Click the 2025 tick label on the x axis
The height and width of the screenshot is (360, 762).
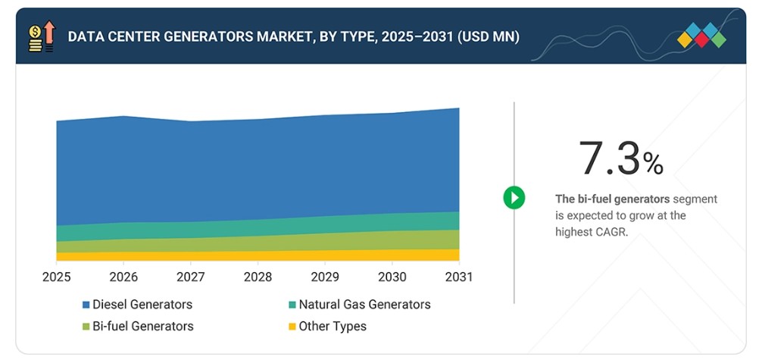56,277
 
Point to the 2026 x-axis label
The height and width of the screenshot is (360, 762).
123,277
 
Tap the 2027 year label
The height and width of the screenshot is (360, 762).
191,277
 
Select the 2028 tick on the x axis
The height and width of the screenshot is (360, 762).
258,277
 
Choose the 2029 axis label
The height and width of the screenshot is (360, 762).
325,277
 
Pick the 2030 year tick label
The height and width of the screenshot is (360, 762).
392,277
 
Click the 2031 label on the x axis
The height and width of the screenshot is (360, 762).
459,277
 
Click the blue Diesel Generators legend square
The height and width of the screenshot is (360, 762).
86,305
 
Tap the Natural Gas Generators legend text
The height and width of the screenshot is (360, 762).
364,305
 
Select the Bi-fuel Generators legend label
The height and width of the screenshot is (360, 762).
143,326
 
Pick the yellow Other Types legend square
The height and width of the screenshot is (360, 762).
292,327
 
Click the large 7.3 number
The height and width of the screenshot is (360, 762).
611,158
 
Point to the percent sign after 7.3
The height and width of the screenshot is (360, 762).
653,164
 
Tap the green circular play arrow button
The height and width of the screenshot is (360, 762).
514,198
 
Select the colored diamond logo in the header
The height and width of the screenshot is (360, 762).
701,36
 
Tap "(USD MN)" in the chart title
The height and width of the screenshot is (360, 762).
489,37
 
